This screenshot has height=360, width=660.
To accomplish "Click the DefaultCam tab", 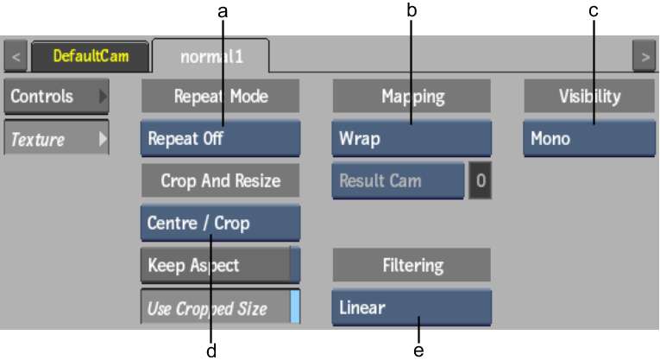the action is pos(90,56).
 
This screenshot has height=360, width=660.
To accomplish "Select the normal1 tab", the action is pos(211,56).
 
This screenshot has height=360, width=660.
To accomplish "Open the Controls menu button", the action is pos(56,97).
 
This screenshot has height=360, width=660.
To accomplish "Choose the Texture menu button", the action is pos(56,138).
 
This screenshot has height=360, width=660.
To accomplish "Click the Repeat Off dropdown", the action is pos(221,138).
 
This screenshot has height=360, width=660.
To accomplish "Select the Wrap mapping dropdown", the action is pos(412,138).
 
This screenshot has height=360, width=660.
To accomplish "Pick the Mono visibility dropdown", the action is pos(589,138).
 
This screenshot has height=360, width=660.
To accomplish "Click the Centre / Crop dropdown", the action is pos(221,223).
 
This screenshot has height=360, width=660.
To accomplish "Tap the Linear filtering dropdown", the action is pos(412,308).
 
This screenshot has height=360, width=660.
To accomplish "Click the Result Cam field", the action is pos(399,180).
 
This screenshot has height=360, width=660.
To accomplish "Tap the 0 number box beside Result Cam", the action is pos(481,180).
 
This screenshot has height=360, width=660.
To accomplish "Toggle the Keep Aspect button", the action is pos(221,265).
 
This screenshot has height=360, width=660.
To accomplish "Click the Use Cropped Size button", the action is pos(221,307).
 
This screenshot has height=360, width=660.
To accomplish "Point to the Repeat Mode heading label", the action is pos(221,96).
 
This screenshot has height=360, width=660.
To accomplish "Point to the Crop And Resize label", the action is pos(221,180).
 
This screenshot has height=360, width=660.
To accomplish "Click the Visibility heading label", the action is pos(590,96).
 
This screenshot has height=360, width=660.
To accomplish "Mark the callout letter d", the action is pos(211,351).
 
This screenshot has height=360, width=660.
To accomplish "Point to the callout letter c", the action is pos(594,11).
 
